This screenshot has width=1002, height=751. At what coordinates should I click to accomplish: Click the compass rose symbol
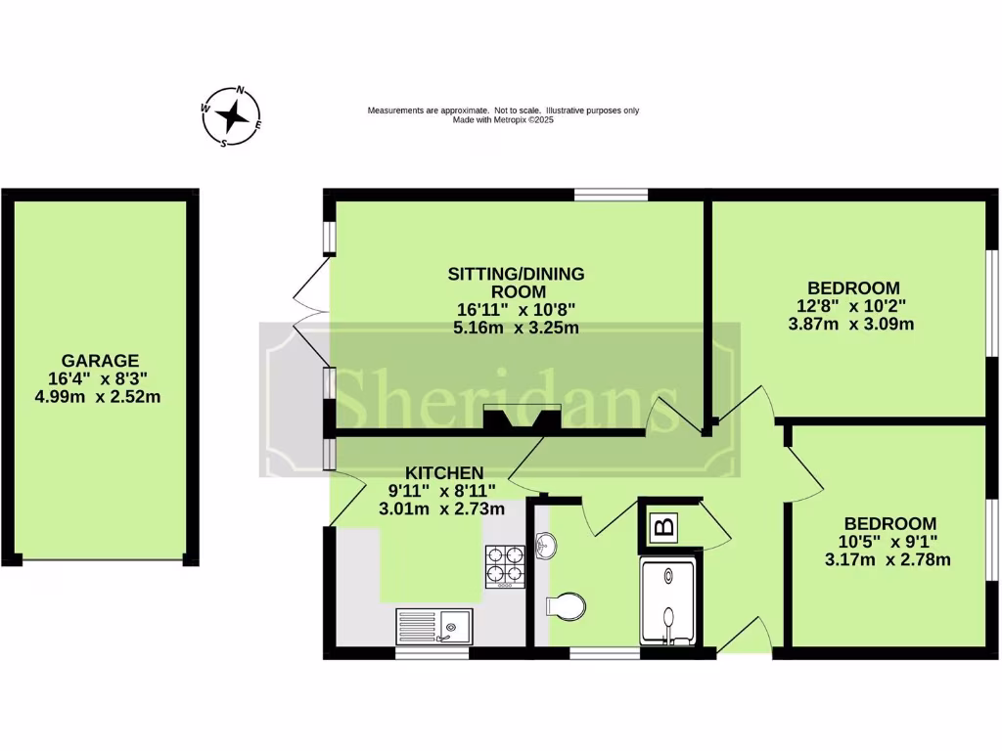click(232, 116)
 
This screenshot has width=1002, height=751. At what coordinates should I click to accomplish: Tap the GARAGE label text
click(101, 361)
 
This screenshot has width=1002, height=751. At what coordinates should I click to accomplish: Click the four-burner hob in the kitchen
click(505, 566)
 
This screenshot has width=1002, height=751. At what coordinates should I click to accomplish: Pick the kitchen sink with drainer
click(433, 625)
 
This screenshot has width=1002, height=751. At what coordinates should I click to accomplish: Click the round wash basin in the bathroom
click(546, 546)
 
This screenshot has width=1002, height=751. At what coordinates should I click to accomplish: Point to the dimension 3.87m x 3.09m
click(851, 323)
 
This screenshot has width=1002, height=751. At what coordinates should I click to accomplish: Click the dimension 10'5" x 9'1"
click(889, 542)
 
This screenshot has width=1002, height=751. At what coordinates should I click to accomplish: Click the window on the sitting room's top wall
click(612, 195)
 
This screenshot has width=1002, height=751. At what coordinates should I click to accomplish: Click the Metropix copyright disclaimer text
click(503, 114)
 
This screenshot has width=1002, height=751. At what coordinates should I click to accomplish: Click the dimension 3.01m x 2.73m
click(441, 508)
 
